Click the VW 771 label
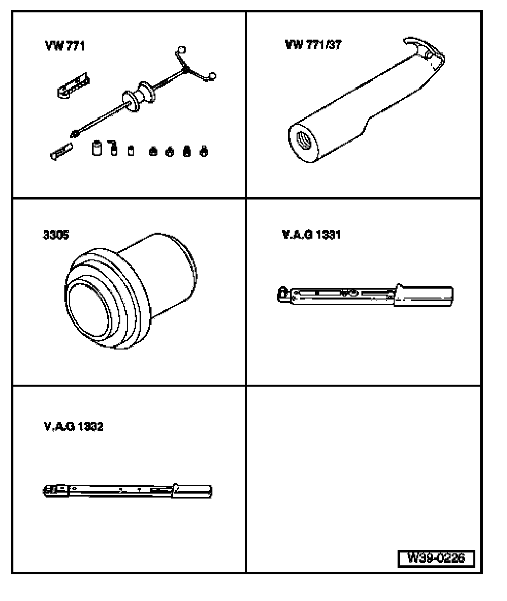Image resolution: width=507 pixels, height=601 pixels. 65,46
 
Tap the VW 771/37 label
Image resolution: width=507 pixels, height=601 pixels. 313,45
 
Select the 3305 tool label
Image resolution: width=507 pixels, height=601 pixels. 56,235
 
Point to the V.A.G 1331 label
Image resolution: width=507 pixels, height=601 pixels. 311,235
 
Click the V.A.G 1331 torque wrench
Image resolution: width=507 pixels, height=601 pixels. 365,295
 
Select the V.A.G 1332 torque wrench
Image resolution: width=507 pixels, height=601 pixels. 127,491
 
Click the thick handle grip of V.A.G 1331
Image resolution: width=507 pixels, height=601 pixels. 423,296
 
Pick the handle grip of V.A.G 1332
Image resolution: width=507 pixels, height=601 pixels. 192,491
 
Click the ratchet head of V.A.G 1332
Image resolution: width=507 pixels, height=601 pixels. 55,490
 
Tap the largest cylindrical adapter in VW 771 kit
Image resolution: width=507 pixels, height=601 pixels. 97,148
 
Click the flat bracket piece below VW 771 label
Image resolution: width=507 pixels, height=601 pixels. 74,86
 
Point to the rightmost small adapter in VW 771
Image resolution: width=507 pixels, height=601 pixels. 204,151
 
